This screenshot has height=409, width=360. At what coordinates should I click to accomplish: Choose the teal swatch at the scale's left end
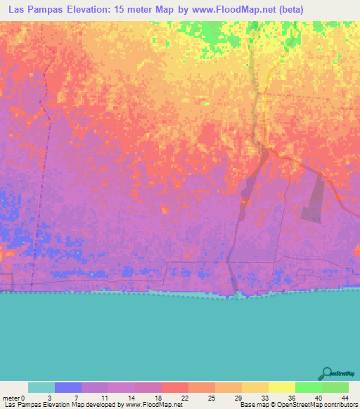[x=41, y=387]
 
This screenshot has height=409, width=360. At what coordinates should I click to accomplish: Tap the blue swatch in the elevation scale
[x=68, y=387]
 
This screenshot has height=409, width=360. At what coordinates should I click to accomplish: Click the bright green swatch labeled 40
[x=307, y=387]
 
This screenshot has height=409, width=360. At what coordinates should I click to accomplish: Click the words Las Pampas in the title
[x=37, y=9]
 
